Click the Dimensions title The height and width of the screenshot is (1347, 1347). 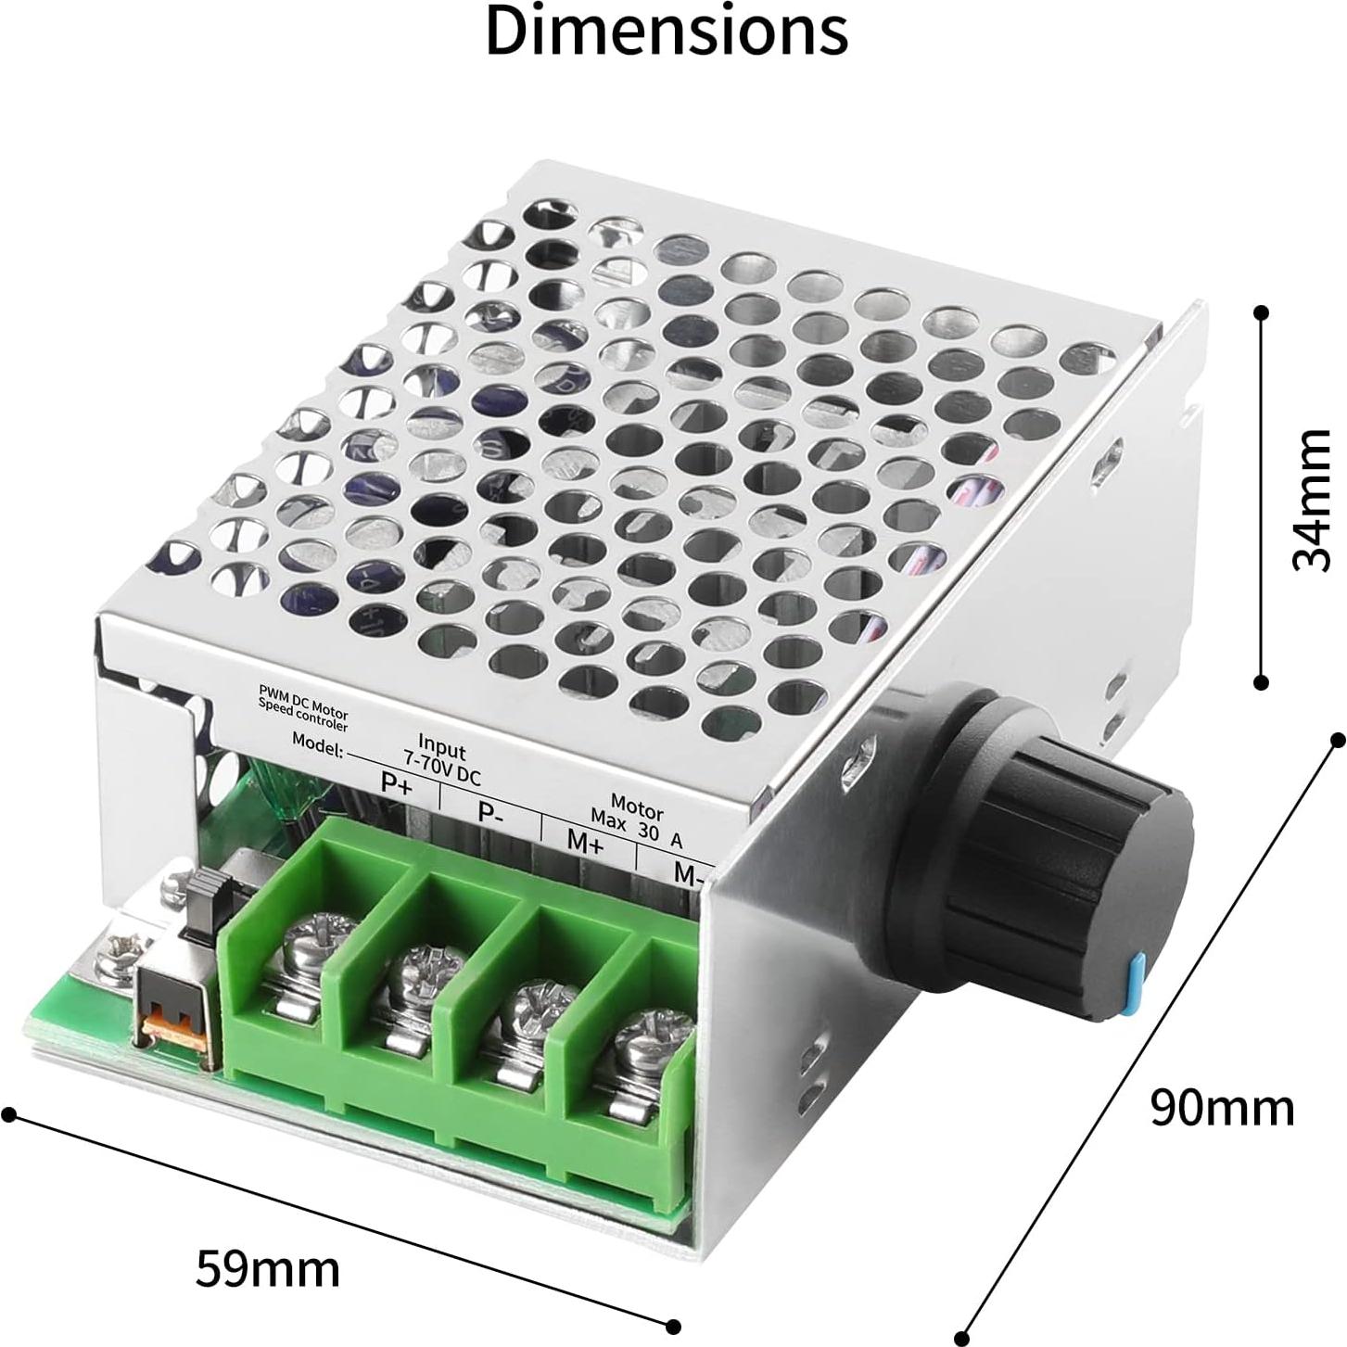666,32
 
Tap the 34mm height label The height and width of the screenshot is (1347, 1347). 1312,500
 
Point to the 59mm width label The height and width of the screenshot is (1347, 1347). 267,1269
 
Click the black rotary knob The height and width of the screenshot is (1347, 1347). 1038,834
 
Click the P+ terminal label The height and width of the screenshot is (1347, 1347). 397,784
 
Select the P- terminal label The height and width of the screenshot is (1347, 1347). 490,813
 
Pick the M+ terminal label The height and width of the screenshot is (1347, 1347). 585,843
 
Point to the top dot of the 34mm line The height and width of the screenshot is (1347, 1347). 1260,312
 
